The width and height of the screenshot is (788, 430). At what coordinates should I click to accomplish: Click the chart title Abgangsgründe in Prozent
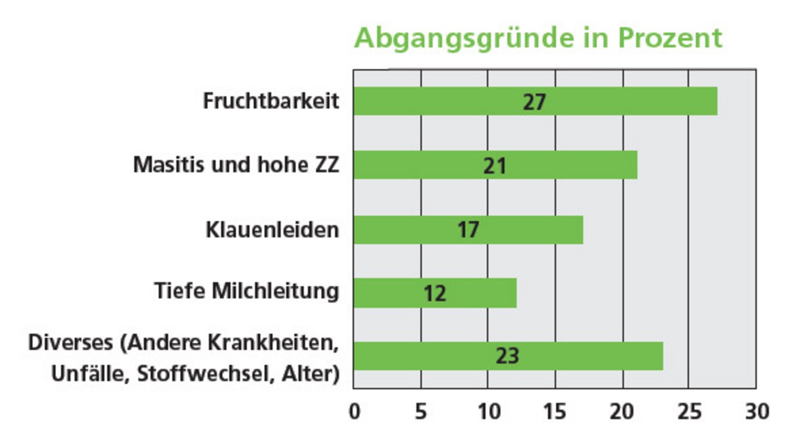pos(538,39)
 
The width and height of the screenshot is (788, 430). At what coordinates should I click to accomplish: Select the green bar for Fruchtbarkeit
pos(619,101)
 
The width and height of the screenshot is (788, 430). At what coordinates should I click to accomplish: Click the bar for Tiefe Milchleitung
pos(478,293)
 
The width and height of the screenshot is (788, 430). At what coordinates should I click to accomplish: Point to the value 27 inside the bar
pos(534,102)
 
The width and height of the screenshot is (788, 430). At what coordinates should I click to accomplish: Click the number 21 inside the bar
pos(495,166)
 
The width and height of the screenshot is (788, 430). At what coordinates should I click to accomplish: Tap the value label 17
pos(468,230)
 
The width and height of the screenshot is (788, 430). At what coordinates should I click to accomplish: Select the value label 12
pos(435,294)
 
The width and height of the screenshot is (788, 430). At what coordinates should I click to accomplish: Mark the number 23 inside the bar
pos(507,357)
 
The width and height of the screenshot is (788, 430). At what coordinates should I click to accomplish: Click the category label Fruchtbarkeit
pos(271,101)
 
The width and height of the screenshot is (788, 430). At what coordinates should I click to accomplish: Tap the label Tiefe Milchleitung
pos(247,292)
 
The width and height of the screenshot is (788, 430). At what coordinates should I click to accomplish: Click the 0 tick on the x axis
pos(355,411)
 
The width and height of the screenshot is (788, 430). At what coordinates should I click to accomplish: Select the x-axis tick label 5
pos(421,411)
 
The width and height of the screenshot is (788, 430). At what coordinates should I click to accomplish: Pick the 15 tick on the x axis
pos(555,411)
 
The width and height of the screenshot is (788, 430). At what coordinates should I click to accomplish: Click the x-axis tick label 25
pos(688,411)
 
